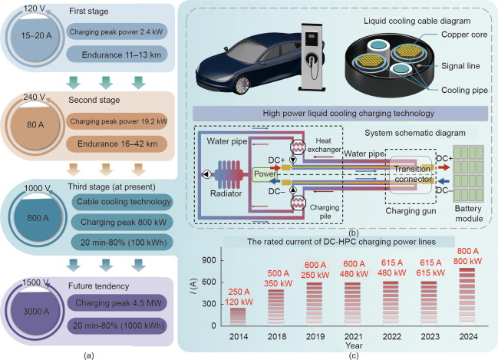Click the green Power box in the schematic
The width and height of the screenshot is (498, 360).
click(x=265, y=173)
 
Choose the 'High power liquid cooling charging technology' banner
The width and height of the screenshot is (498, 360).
click(x=340, y=114)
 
